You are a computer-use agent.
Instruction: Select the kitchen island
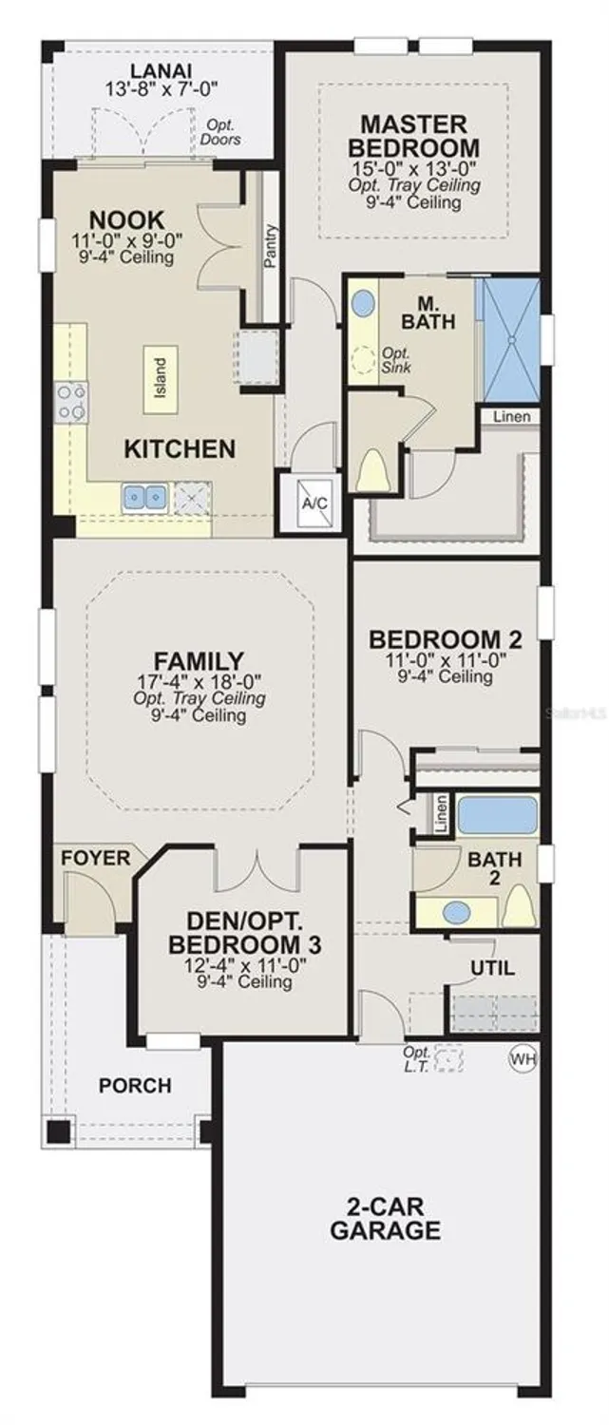(160, 378)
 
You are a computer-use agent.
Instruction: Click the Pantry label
(271, 245)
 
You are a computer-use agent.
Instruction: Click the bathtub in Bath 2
(497, 816)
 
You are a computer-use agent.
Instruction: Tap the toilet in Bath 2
(518, 906)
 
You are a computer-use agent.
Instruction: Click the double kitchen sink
(144, 496)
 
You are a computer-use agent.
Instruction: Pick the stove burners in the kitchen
(71, 401)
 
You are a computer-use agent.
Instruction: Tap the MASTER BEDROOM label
(412, 136)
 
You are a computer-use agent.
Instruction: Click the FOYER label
(96, 859)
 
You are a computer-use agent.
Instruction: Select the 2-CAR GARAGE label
(385, 1220)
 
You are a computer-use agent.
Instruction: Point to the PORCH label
(137, 1085)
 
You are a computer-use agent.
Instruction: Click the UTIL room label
(493, 969)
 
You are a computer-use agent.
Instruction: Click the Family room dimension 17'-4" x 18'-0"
(199, 681)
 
